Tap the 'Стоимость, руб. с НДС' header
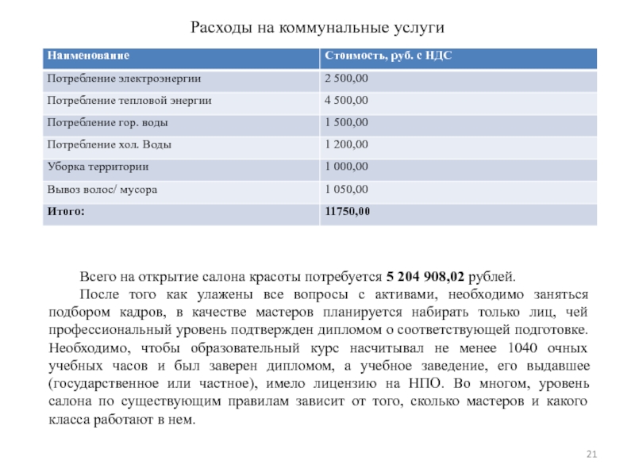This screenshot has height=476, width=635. point(388,56)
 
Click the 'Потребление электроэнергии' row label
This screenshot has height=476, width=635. point(124,79)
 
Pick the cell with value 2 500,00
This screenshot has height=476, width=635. point(345,79)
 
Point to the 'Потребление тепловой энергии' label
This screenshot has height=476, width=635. point(129,101)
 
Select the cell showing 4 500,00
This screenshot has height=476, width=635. point(345,101)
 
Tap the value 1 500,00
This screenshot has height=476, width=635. point(345,123)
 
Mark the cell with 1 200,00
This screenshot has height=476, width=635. point(345,145)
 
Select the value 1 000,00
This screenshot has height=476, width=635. point(345,167)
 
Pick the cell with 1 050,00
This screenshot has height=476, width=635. point(345,190)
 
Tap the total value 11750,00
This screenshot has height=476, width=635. point(347,212)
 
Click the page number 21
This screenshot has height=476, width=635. point(591,453)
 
